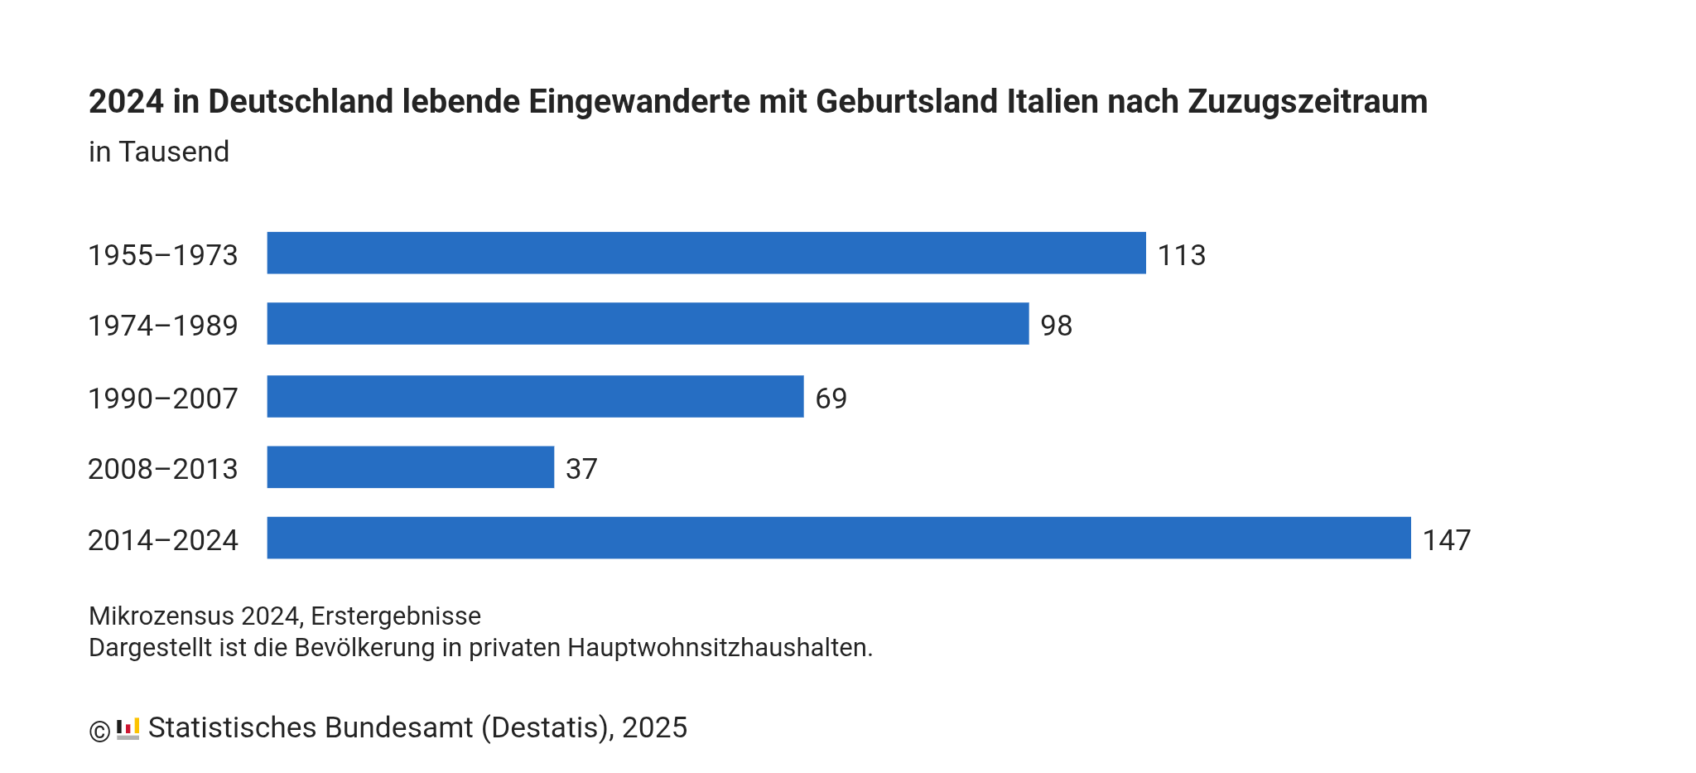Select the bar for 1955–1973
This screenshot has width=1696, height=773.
click(x=706, y=253)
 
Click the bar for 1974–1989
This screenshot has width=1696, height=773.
click(x=648, y=323)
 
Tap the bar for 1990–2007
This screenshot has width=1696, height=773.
click(x=535, y=396)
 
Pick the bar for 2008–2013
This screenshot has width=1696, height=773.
click(x=410, y=467)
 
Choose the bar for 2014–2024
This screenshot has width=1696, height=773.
click(x=838, y=538)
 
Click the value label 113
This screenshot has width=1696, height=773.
click(x=1181, y=255)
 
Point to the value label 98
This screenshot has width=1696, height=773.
click(x=1056, y=326)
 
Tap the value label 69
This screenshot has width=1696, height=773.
click(x=831, y=399)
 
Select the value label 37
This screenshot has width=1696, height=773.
click(x=581, y=469)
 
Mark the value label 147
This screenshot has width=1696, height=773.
click(x=1446, y=540)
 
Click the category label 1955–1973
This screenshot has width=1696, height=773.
click(x=163, y=255)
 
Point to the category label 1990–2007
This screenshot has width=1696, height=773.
click(x=163, y=399)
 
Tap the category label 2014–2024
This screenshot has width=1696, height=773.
click(x=163, y=540)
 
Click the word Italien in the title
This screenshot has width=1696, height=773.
click(x=1053, y=102)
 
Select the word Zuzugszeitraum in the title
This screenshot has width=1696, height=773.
click(x=1308, y=102)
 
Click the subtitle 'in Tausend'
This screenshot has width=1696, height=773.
click(x=159, y=152)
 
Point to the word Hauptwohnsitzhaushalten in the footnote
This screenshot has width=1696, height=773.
click(x=720, y=648)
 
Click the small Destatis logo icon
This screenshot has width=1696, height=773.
click(x=128, y=729)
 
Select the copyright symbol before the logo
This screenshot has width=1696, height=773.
click(x=99, y=732)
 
